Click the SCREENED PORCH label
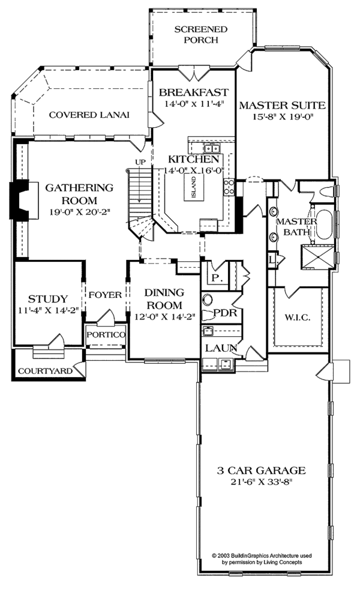(193, 35)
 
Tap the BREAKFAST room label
(193, 92)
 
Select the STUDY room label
(47, 299)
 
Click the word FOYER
(106, 295)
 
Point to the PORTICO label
(106, 334)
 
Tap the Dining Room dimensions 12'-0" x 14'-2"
(163, 318)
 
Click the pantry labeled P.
(215, 278)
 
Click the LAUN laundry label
(219, 348)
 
